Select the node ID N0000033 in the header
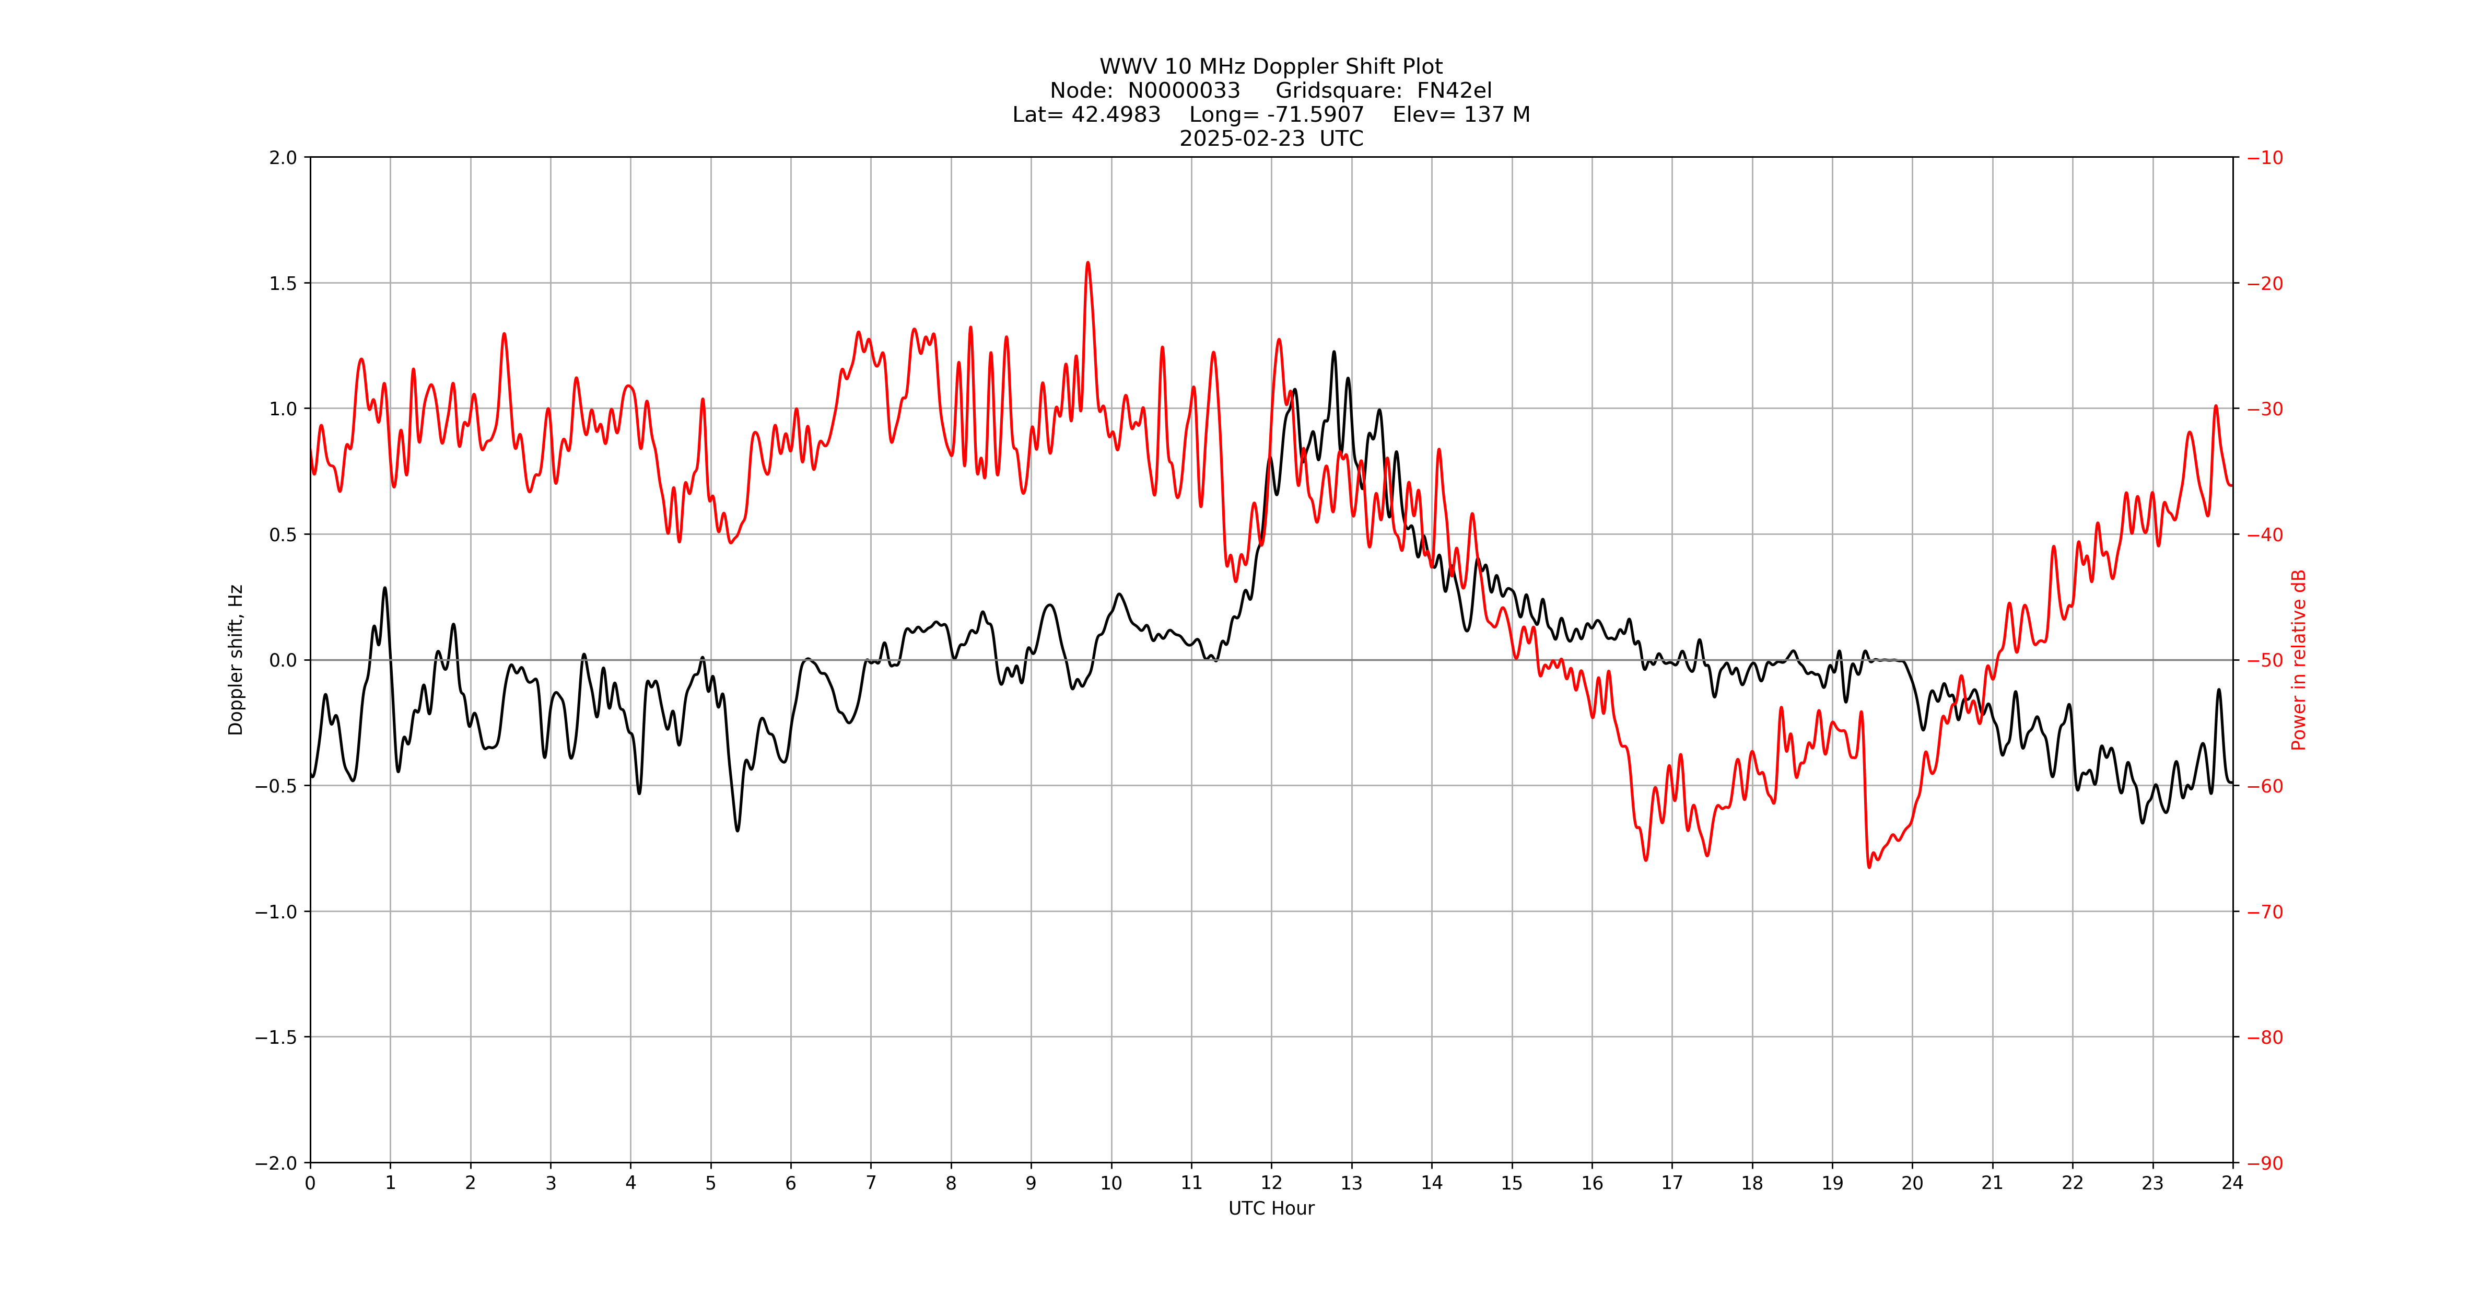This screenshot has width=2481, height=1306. (x=1184, y=90)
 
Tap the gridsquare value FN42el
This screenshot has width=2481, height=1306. (x=1454, y=90)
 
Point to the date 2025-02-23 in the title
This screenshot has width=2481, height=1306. (x=1243, y=138)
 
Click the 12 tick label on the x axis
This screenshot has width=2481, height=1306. (x=1271, y=1183)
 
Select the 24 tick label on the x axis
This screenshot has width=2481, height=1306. (x=2232, y=1183)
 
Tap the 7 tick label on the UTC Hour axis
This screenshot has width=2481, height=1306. (x=871, y=1183)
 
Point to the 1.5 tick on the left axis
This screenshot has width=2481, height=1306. (x=283, y=283)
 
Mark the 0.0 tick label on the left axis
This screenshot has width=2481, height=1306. (x=283, y=660)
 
